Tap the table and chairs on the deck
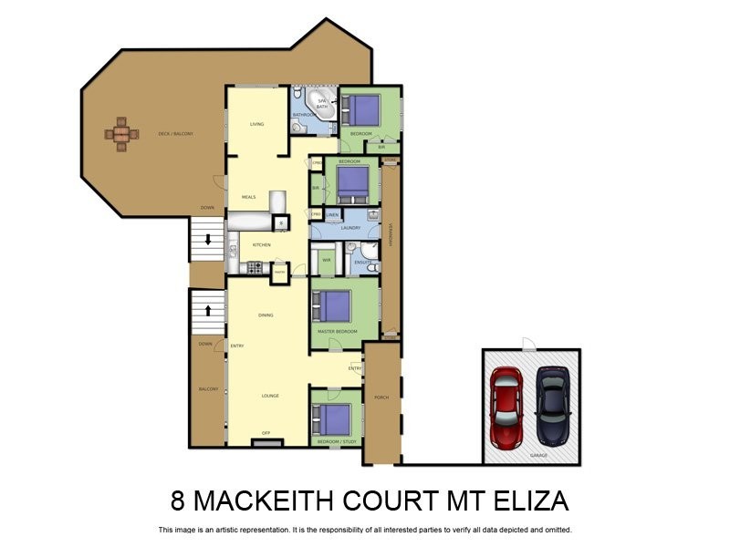point(120,134)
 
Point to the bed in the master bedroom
point(335,305)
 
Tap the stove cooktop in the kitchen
point(255,267)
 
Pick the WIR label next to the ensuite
point(326,260)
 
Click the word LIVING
point(257,124)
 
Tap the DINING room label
point(266,315)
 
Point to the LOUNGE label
point(269,395)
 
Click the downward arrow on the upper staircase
point(208,241)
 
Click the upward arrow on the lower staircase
point(208,311)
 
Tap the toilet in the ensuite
point(371,268)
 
